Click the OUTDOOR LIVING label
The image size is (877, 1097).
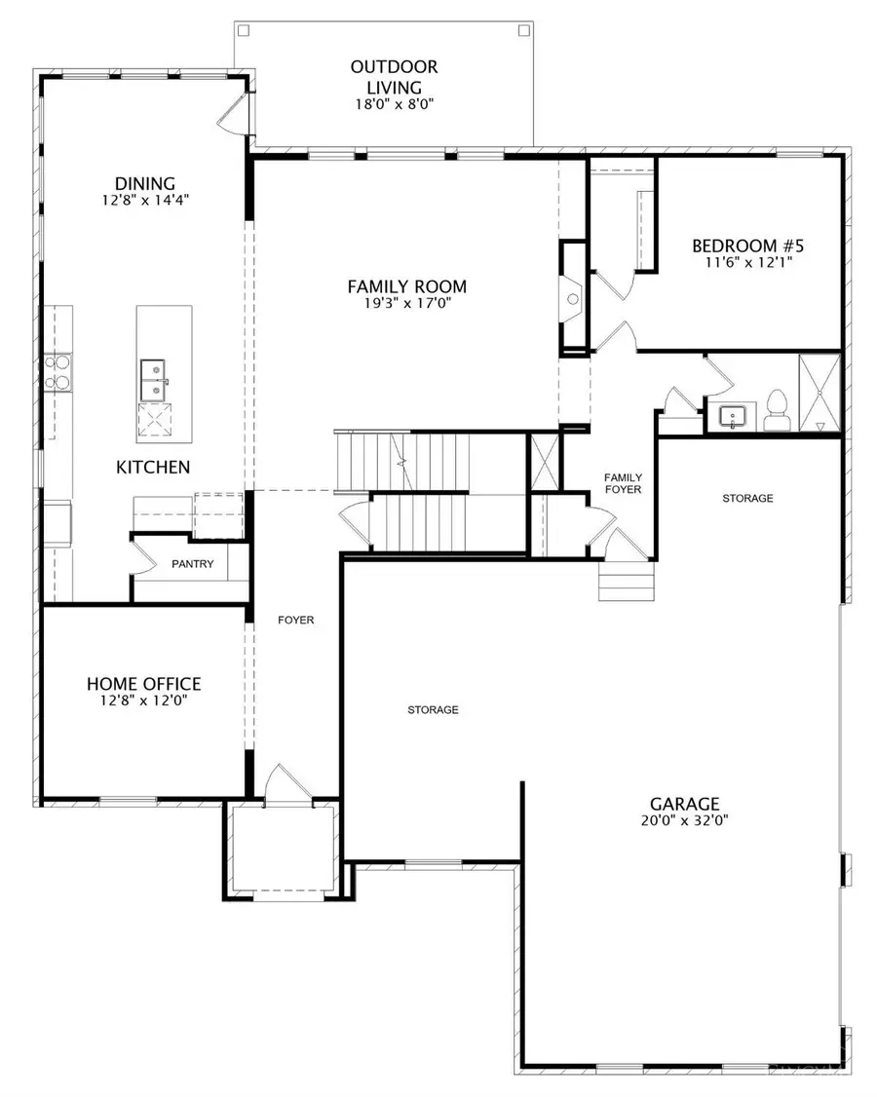[394, 77]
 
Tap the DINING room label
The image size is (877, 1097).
[145, 183]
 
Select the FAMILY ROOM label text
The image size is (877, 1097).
[406, 286]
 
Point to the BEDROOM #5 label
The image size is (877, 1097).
[748, 246]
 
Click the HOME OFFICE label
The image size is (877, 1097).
[143, 684]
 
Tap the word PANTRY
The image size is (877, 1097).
[193, 564]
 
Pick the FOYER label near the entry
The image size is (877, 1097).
[296, 620]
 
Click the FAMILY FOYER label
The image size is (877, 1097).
[623, 483]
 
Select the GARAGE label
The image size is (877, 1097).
[684, 804]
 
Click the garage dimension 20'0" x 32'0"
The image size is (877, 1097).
[684, 820]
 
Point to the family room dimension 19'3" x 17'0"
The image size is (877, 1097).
[406, 303]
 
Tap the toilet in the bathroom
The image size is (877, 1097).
[777, 411]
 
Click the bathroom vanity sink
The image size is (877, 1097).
[732, 416]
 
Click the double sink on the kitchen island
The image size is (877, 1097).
[153, 380]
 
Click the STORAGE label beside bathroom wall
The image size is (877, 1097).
[747, 498]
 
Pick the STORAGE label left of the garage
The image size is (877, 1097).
[434, 709]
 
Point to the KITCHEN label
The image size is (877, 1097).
[153, 467]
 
